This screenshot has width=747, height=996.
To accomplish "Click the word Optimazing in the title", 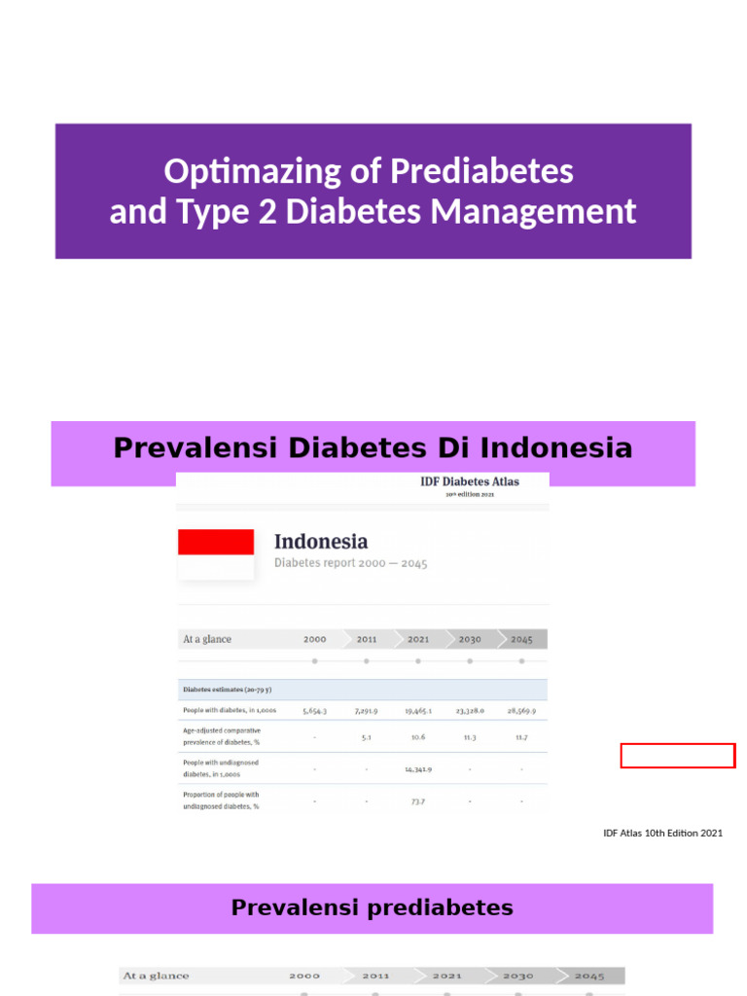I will (224, 172).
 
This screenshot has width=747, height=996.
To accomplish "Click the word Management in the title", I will (554, 211).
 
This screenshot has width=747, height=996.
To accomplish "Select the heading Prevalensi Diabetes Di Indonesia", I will (373, 448).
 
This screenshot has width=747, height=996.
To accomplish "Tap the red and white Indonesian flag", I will (216, 554).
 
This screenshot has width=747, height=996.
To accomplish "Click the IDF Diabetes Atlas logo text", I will (470, 481).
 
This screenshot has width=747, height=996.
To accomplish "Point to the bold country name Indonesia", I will (321, 541).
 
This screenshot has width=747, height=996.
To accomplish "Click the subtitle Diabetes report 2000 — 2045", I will (350, 563).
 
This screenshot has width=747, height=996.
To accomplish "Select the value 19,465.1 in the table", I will (418, 711).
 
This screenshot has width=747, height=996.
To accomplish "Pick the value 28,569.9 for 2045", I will (521, 711).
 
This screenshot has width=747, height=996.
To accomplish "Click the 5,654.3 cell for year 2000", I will (314, 711).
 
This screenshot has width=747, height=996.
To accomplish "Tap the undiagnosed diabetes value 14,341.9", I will (418, 768).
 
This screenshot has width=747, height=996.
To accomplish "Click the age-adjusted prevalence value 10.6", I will (418, 736).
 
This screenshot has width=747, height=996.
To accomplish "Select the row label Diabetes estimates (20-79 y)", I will (228, 690).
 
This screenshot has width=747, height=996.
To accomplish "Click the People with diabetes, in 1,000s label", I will (230, 711).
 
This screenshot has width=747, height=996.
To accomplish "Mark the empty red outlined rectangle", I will (678, 756).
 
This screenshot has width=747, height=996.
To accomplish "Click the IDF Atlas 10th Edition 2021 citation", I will (662, 833).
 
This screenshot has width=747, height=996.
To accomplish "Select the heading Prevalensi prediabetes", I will (373, 908).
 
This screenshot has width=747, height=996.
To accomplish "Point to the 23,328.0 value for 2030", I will (470, 711).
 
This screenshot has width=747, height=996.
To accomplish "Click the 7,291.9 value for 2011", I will (366, 711).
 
